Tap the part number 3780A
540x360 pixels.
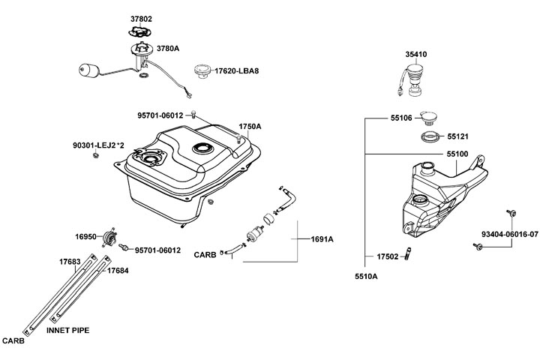point(168,47)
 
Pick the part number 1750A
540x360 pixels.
point(250,126)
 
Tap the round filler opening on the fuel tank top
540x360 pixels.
point(203,148)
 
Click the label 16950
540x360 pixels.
point(85,236)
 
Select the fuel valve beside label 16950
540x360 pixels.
point(111,238)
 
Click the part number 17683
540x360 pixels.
point(70,262)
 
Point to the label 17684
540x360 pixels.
point(117,270)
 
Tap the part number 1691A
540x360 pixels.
point(322,240)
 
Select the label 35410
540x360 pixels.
point(417,55)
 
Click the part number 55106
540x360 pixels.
point(401,118)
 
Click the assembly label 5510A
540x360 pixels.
point(366,277)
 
